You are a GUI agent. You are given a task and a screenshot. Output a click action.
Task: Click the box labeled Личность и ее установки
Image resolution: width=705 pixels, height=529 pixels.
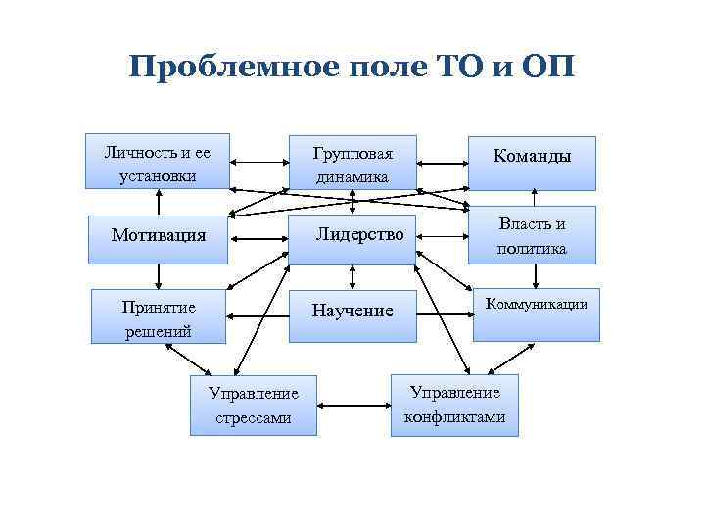coord(157,161)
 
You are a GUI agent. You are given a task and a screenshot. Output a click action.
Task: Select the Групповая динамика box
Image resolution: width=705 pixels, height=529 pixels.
coord(352,163)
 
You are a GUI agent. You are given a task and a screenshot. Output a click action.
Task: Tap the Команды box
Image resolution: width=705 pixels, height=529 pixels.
coord(532,163)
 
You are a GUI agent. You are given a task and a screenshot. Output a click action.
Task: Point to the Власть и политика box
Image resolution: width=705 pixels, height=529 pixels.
coord(532,236)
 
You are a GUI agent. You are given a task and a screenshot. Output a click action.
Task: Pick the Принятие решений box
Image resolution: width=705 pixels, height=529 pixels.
coord(159,316)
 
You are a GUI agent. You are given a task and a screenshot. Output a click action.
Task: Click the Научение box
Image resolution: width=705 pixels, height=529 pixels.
coord(352,312)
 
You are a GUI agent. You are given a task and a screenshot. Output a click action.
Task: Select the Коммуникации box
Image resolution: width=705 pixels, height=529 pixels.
coord(537,313)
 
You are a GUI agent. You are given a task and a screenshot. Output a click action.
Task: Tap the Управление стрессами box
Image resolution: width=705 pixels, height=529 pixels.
coord(253,405)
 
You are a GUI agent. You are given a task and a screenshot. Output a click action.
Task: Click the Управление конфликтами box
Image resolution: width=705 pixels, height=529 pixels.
coord(454,404)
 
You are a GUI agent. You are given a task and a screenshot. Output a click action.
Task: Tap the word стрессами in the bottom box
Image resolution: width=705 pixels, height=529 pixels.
coord(253,418)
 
